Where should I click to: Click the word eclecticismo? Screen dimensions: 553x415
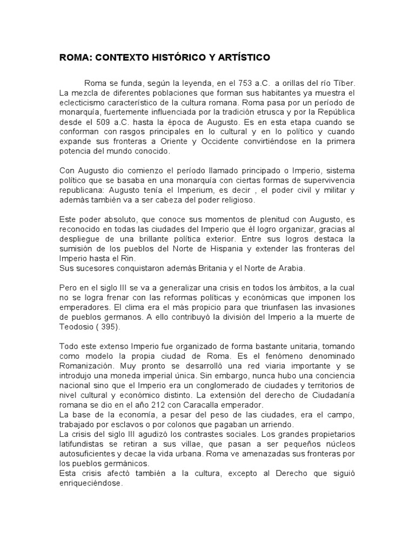click(x=84, y=101)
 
